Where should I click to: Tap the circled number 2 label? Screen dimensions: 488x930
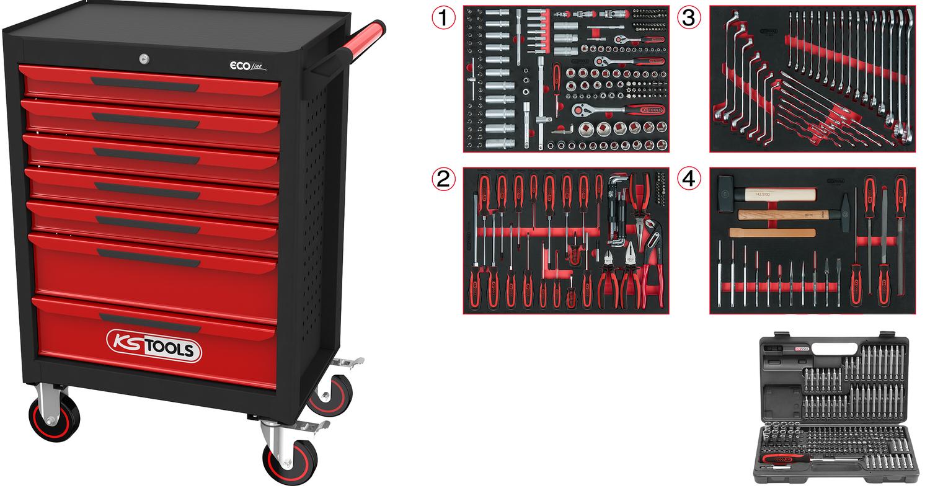coord(442,179)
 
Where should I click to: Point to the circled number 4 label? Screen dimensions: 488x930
coord(689,179)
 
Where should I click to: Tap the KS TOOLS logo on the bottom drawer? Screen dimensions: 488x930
coord(154,345)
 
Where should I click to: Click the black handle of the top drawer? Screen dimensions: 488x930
coord(146,83)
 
